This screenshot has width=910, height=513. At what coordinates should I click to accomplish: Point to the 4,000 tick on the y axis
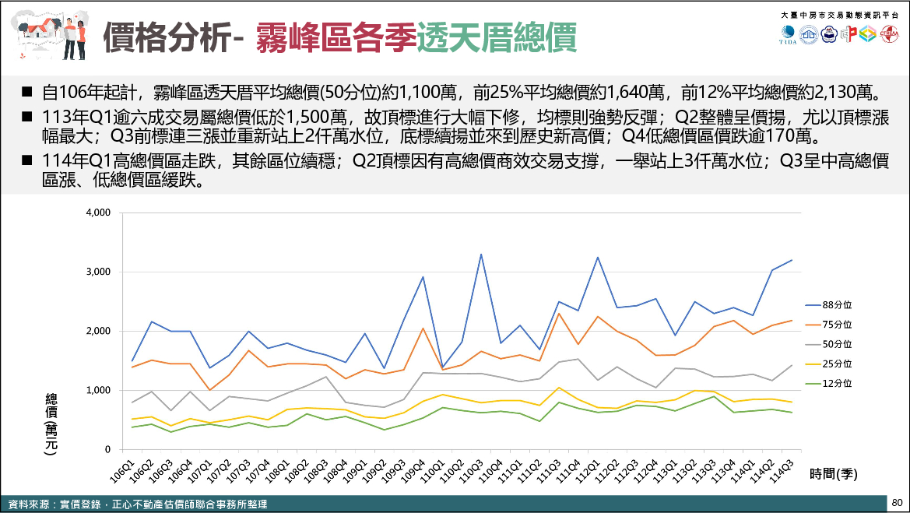pos(98,213)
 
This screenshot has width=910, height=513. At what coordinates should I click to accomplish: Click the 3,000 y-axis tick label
pos(98,272)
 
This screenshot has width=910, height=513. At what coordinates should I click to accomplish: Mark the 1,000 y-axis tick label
pos(98,390)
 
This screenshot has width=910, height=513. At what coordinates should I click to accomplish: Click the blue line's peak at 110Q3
pos(481,255)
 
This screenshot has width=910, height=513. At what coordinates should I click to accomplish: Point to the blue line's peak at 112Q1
pos(598,257)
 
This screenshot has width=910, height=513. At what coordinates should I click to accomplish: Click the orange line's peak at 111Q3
pos(559,313)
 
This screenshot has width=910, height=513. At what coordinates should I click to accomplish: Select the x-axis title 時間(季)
pos(833,473)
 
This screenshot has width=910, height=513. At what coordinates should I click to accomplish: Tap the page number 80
pos(897,503)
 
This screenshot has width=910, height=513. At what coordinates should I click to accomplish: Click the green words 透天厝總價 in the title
pos(496,36)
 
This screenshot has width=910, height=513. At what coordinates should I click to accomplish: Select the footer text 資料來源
pos(25,504)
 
